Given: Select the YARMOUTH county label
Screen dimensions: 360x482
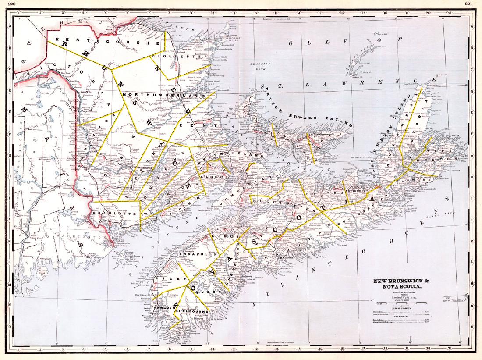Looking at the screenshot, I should (x=163, y=308).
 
